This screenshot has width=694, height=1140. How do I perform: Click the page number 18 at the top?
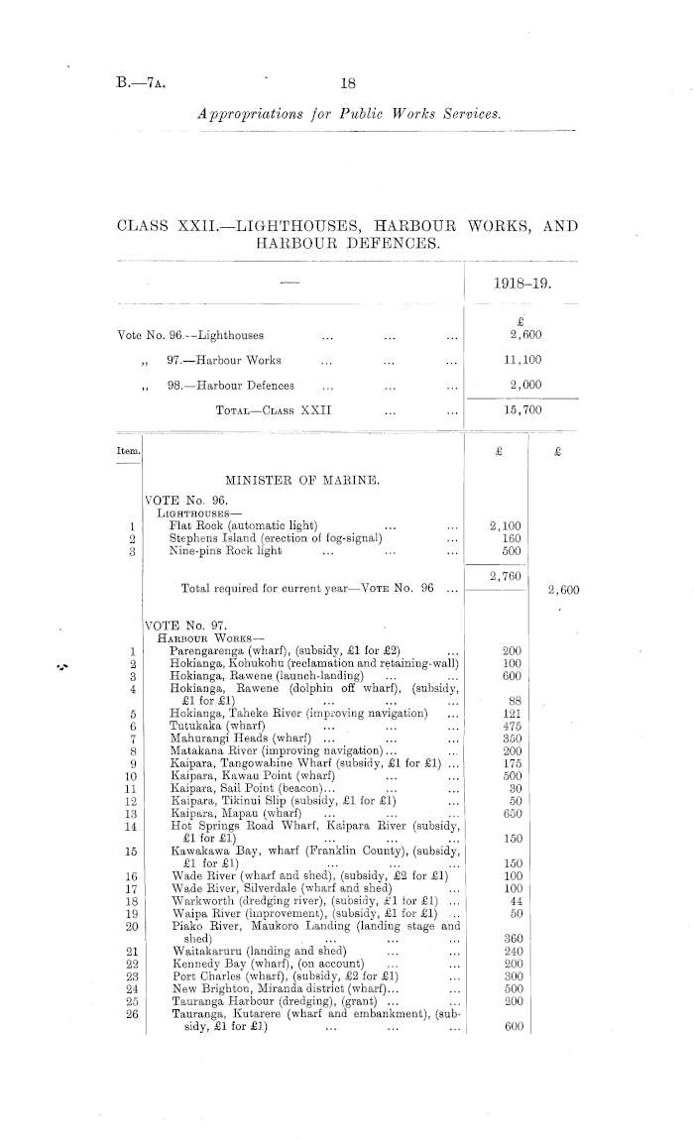tap(348, 85)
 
